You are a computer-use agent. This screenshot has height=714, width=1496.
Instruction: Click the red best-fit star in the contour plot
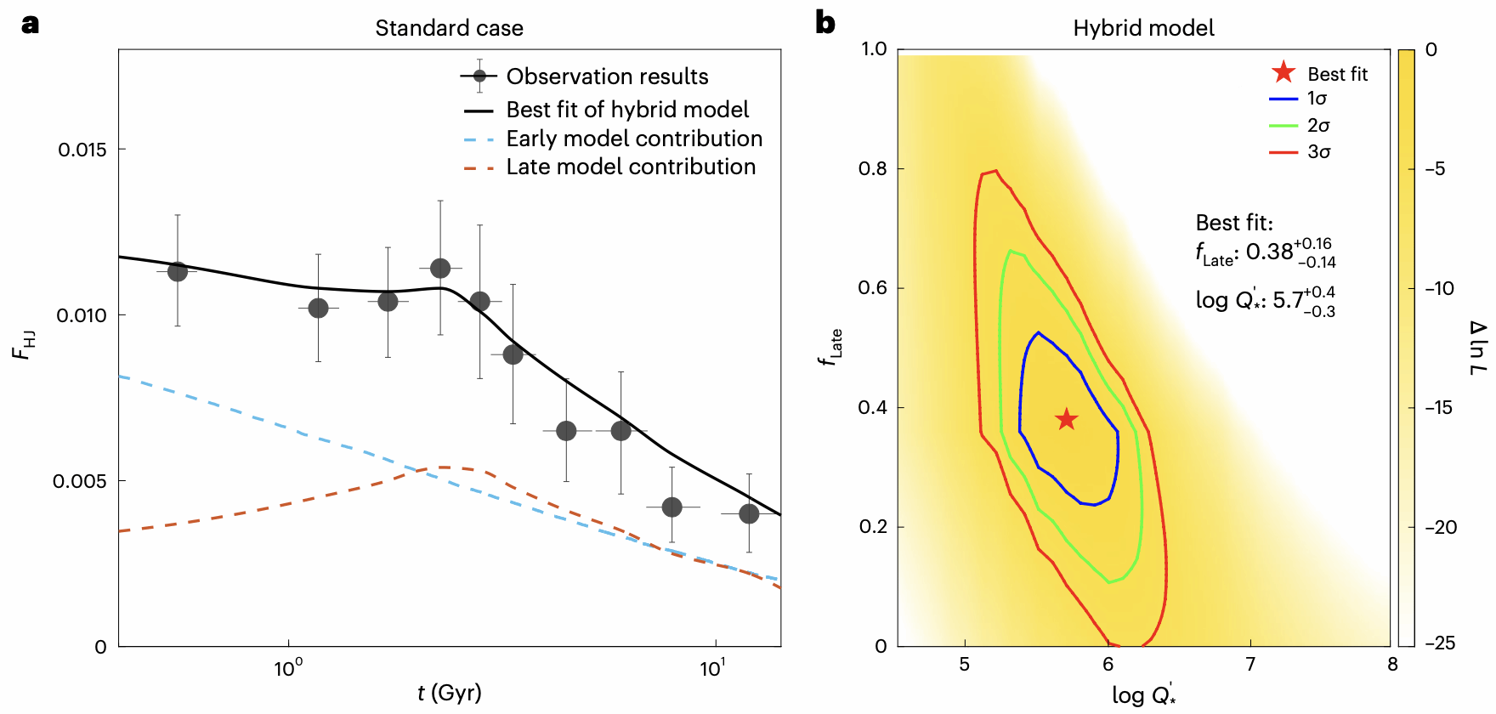[1066, 419]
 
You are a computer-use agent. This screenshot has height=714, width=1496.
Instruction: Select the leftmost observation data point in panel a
[177, 272]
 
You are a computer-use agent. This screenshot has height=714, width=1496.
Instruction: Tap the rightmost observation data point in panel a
[749, 513]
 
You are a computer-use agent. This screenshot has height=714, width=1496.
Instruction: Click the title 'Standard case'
[449, 28]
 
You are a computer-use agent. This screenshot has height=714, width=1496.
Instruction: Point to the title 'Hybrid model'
[1143, 28]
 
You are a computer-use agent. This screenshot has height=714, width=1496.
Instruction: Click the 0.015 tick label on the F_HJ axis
[82, 150]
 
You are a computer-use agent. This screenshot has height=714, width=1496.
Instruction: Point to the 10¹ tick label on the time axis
[711, 668]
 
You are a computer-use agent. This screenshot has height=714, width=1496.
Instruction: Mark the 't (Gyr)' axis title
[449, 693]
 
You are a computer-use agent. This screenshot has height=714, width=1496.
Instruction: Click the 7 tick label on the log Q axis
[1250, 665]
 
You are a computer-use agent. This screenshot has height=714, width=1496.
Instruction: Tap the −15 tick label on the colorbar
[1440, 408]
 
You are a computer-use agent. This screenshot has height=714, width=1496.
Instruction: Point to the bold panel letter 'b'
[824, 23]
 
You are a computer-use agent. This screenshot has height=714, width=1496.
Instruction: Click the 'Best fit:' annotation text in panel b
[1234, 223]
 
